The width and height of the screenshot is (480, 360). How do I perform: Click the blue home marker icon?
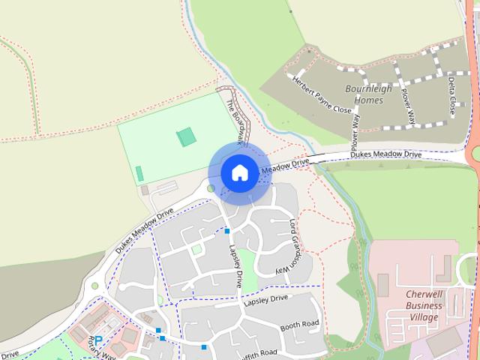coord(239,172)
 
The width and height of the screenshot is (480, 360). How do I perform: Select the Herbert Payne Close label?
coord(322,94)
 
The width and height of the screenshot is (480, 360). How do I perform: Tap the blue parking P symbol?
coord(97,341)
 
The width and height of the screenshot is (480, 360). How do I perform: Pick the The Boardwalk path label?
coord(235,119)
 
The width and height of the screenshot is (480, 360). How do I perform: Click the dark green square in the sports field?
coord(185,137)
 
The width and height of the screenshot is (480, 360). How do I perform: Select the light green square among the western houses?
coord(196,249)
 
